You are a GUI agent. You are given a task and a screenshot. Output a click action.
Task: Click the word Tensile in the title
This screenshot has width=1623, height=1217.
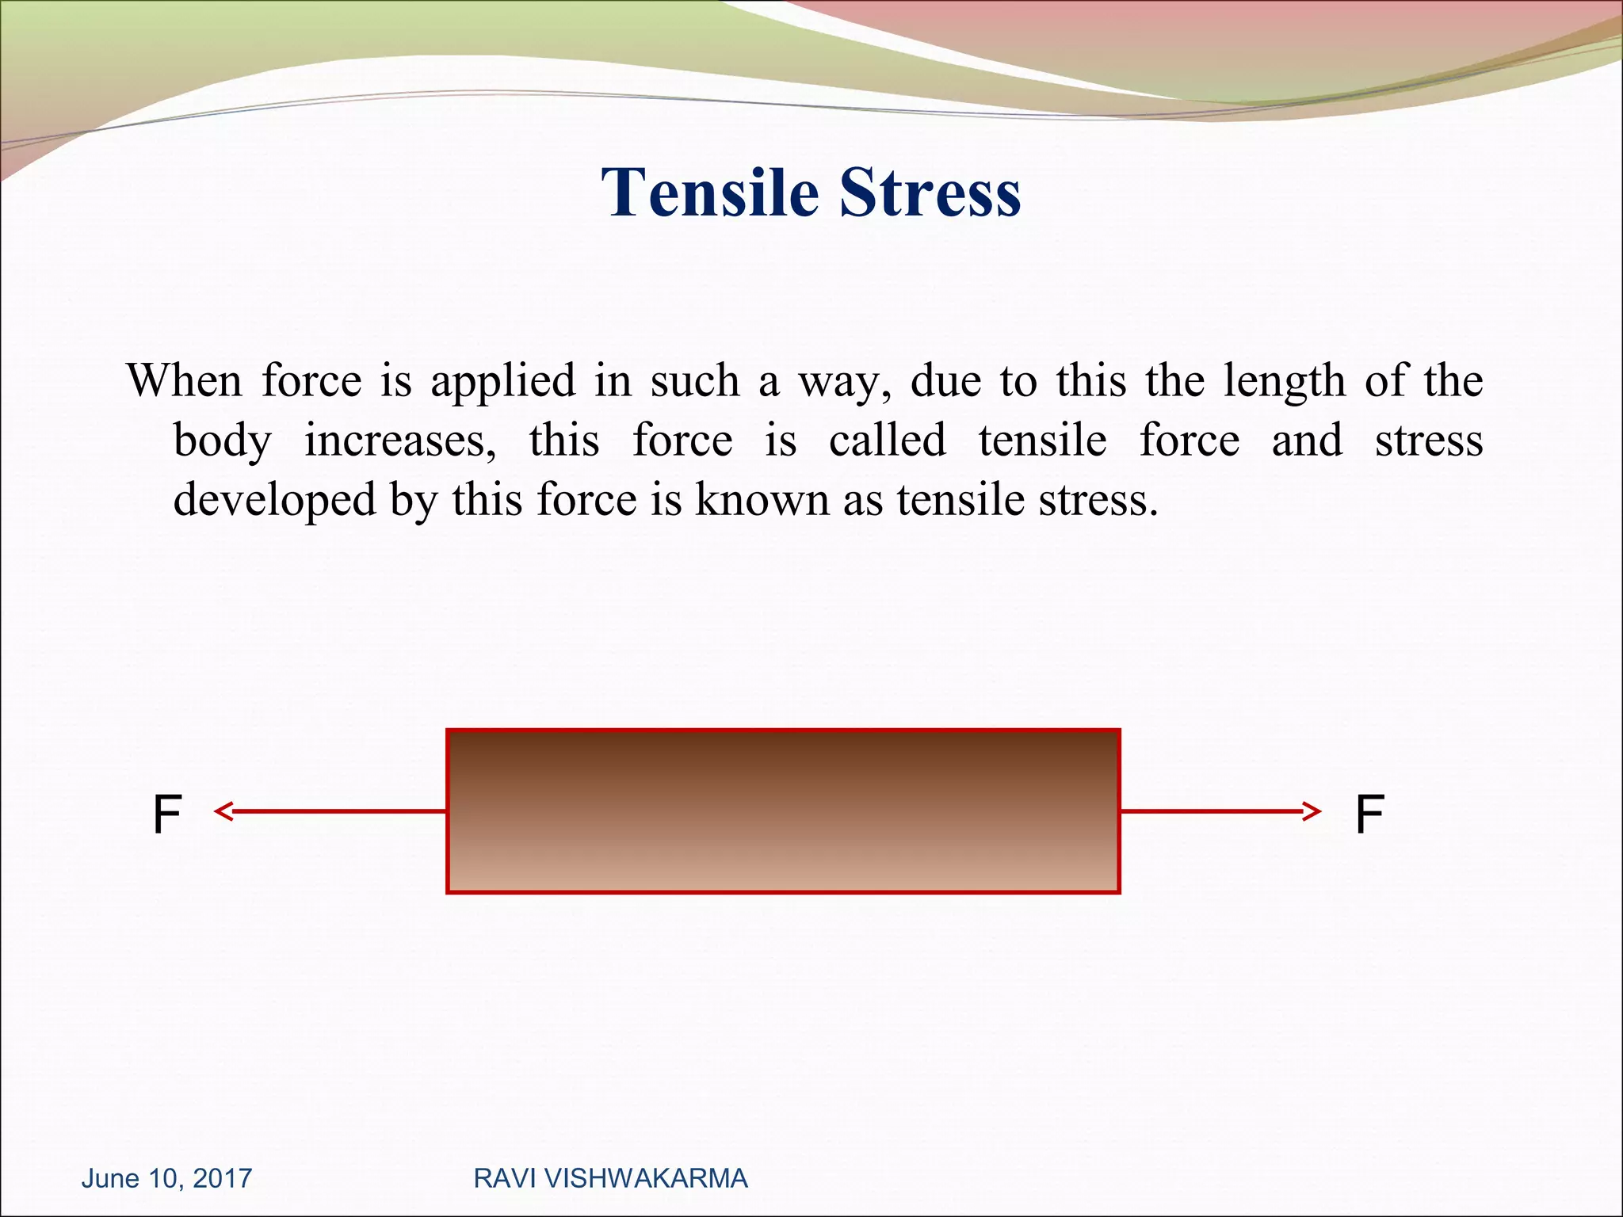tap(710, 193)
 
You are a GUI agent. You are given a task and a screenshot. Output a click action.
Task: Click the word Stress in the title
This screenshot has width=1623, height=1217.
tap(930, 193)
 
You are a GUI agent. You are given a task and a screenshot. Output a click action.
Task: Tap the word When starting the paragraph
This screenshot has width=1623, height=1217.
tap(184, 380)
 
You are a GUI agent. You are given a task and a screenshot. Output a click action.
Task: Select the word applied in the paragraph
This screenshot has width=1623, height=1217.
tap(503, 382)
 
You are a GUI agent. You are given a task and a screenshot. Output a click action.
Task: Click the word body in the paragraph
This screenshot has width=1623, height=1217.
tap(223, 441)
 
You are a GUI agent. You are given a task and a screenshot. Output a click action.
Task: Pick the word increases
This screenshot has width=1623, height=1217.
tap(400, 441)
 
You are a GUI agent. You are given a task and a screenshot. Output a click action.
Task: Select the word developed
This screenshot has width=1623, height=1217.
tap(274, 501)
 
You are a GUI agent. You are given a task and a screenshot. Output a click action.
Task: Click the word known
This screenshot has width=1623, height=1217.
tap(762, 499)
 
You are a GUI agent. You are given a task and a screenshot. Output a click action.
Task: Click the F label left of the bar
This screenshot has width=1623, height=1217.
tap(167, 815)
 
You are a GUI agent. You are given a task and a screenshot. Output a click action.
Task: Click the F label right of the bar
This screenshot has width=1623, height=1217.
tap(1369, 815)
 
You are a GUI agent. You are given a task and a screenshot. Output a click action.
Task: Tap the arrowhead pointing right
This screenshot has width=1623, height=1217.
tap(1312, 811)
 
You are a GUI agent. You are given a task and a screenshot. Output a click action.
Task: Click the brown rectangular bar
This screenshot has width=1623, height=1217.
tap(783, 811)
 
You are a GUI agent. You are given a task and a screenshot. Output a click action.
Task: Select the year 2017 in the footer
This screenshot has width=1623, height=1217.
tap(222, 1178)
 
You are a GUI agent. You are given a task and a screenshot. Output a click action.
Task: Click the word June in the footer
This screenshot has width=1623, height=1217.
tap(110, 1178)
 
